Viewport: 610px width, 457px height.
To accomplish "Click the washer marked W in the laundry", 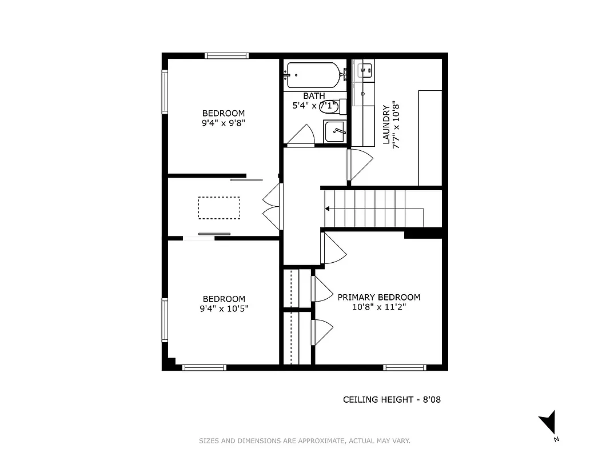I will coord(364,71).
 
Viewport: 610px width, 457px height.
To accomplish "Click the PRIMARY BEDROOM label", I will coord(378,297).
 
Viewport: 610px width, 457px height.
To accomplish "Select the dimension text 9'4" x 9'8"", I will coord(224,123).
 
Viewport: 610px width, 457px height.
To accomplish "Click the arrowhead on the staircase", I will coord(328,209).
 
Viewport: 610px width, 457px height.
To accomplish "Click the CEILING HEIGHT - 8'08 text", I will coord(392,400).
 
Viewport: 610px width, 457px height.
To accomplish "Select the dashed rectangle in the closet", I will coord(219,208).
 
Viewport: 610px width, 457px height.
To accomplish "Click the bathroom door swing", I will coord(301,137).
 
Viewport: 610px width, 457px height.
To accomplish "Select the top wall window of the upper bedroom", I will coord(227,55).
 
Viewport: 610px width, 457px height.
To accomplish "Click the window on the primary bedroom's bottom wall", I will coord(404,367).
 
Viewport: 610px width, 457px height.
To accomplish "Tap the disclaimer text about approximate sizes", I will coord(305,440).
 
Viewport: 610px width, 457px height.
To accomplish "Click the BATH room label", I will coord(314,96).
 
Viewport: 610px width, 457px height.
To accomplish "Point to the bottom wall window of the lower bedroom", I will coord(204,367).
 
